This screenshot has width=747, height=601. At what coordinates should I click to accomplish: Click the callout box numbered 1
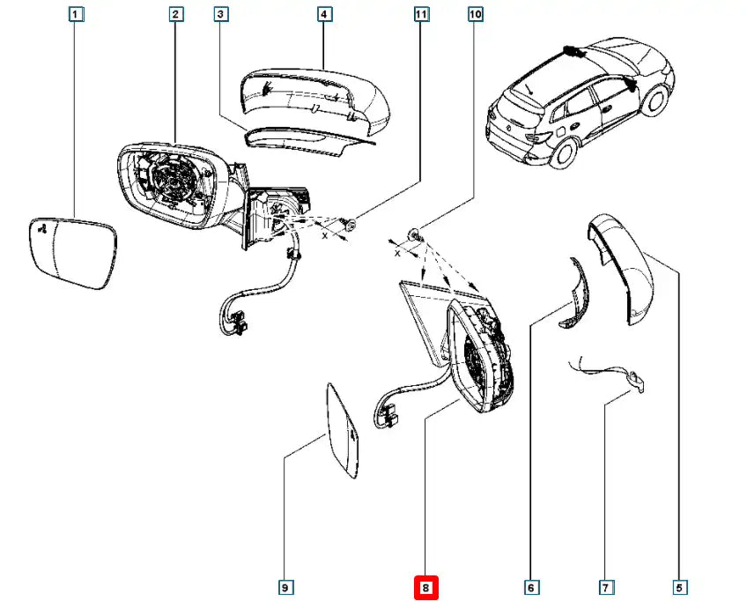(76, 14)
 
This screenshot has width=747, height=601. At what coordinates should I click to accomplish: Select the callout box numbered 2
(175, 14)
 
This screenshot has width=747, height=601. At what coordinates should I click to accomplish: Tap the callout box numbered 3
(221, 14)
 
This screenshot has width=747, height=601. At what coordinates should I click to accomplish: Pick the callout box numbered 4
(323, 14)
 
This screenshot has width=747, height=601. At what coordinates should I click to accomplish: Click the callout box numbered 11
(420, 14)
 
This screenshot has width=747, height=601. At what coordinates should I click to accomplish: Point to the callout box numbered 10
(476, 14)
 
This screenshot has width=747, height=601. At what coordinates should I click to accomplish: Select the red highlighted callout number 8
(426, 586)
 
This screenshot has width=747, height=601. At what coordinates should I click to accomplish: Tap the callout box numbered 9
(285, 586)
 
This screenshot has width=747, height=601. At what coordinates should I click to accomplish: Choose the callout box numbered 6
(531, 586)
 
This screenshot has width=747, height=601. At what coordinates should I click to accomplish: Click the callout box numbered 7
(605, 586)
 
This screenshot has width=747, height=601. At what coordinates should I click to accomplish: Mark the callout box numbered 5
(679, 586)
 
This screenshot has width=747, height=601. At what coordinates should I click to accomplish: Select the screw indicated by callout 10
(416, 234)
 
